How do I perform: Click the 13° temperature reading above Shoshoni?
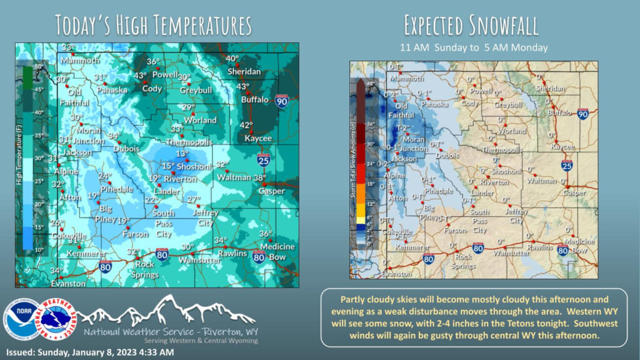182,154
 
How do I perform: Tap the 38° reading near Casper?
261,178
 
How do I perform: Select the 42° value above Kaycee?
247,126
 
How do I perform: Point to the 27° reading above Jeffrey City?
194,199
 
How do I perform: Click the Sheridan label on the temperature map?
244,72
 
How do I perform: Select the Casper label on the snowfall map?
574,193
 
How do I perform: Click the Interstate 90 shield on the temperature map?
282,99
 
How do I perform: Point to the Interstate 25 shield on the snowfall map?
567,166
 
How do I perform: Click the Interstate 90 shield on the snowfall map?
582,114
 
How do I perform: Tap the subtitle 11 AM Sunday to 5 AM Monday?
473,47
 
